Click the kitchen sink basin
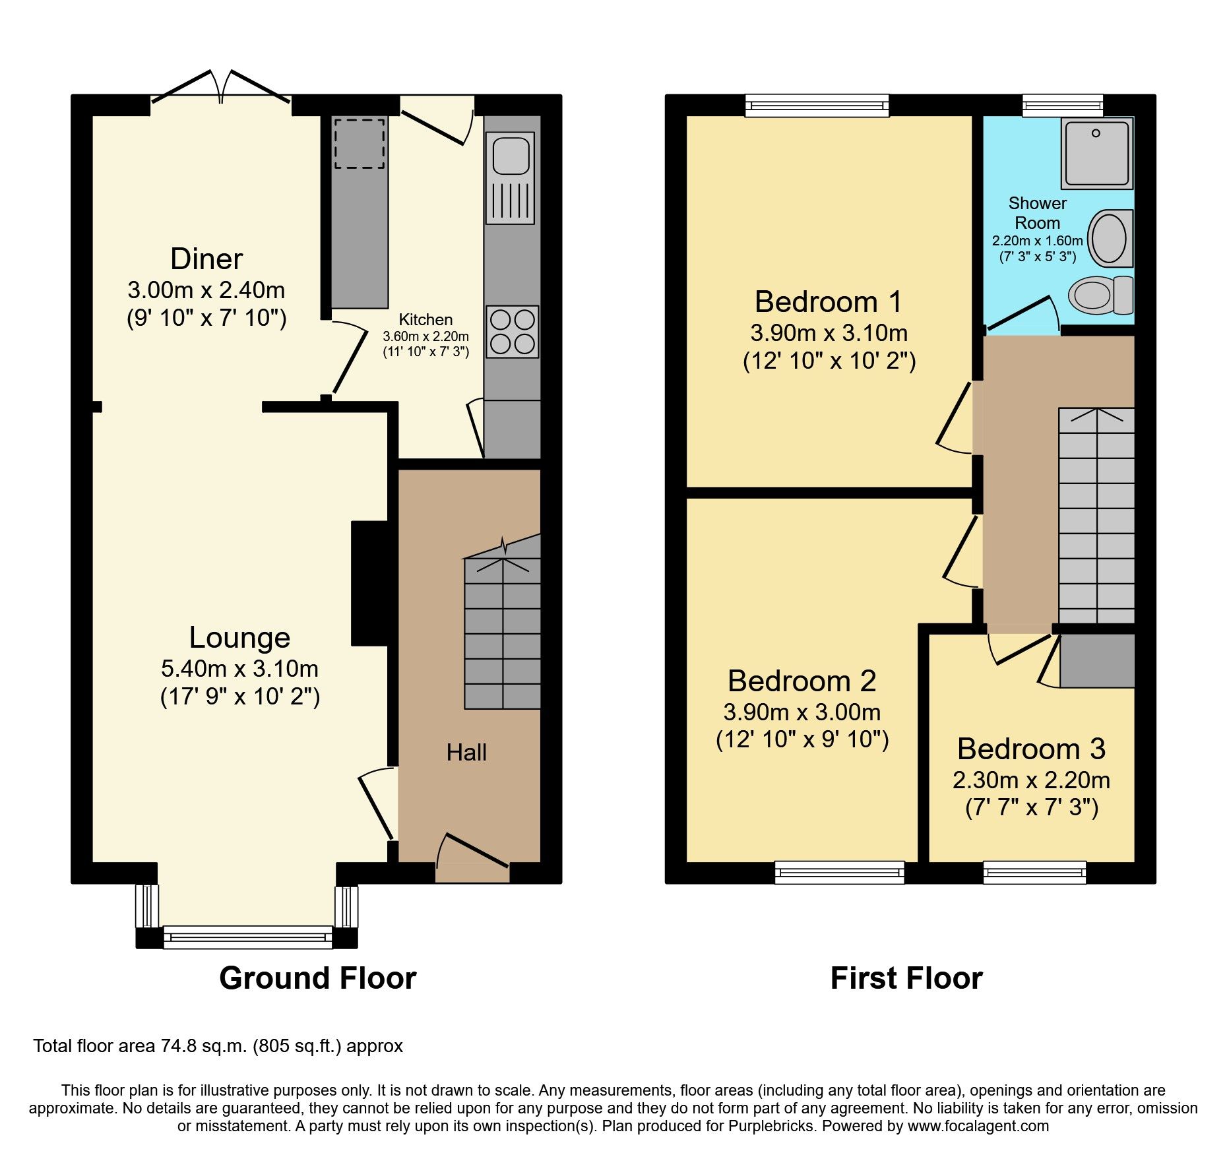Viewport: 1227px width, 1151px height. pos(511,156)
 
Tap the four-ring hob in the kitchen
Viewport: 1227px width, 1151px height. pos(513,332)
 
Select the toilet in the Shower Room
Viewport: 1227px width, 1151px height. pos(1099,296)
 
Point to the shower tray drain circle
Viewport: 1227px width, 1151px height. pos(1096,133)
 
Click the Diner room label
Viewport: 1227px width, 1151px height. pos(206,259)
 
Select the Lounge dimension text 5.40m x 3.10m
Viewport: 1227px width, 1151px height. pos(240,669)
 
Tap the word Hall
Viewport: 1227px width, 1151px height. pos(466,753)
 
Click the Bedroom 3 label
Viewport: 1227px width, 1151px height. pos(1031,749)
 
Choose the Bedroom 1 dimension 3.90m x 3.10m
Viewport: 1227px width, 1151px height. pos(829,333)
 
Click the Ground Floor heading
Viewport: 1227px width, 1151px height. pos(317,978)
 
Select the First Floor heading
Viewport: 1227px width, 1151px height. pos(906,978)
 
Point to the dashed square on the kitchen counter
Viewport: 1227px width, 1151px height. pos(360,143)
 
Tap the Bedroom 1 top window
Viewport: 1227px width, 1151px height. pos(817,105)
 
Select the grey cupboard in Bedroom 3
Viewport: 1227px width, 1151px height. pos(1097,661)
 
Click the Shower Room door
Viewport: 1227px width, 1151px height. pos(1019,313)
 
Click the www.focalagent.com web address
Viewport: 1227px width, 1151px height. pos(978,1126)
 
